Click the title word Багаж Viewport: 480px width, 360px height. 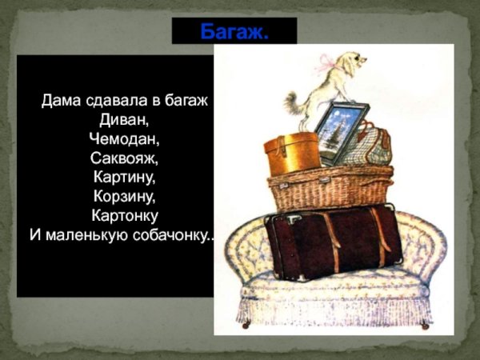pyautogui.click(x=234, y=32)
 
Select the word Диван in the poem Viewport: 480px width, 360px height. pyautogui.click(x=125, y=120)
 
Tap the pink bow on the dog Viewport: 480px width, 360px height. pyautogui.click(x=329, y=62)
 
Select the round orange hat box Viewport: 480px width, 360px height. pyautogui.click(x=291, y=154)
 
